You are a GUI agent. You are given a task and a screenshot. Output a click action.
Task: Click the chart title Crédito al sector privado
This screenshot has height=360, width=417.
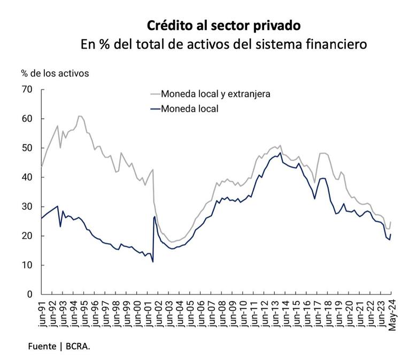click(x=223, y=25)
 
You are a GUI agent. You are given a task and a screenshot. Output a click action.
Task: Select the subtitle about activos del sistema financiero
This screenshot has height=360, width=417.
click(x=223, y=44)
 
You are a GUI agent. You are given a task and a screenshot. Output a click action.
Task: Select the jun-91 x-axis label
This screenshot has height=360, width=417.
click(x=42, y=313)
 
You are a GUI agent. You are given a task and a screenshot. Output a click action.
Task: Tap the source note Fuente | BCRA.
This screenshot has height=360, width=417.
click(x=59, y=347)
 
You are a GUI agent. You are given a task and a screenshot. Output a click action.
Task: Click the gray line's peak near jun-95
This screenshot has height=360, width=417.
click(x=80, y=115)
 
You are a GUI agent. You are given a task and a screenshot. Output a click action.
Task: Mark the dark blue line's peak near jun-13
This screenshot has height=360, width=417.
click(x=280, y=153)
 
